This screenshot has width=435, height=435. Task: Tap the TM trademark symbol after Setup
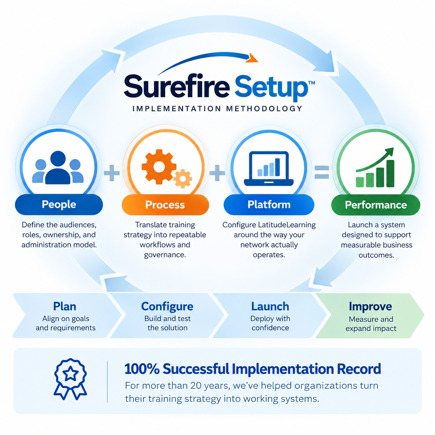tap(311, 83)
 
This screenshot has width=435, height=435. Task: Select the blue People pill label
tap(59, 204)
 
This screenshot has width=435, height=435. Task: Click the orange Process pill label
tap(165, 205)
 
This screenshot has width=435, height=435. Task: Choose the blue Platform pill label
tap(268, 205)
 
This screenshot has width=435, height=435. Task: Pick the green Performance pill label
tap(375, 205)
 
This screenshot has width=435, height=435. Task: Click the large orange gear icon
tap(159, 167)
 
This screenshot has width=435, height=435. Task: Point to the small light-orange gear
tap(183, 179)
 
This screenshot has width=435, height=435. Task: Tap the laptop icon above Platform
tap(268, 168)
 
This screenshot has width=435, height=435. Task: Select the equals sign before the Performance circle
tap(322, 172)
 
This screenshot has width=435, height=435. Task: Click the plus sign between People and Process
tap(112, 173)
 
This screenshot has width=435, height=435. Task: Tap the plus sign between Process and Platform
tap(217, 173)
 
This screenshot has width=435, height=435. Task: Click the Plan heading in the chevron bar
tap(65, 306)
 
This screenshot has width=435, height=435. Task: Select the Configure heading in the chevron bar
tap(167, 307)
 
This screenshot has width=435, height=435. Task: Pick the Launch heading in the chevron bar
tap(270, 306)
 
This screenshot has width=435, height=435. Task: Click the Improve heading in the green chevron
tap(370, 307)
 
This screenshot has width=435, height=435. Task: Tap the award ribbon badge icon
tap(70, 379)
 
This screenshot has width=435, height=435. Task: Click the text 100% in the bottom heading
tap(142, 369)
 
